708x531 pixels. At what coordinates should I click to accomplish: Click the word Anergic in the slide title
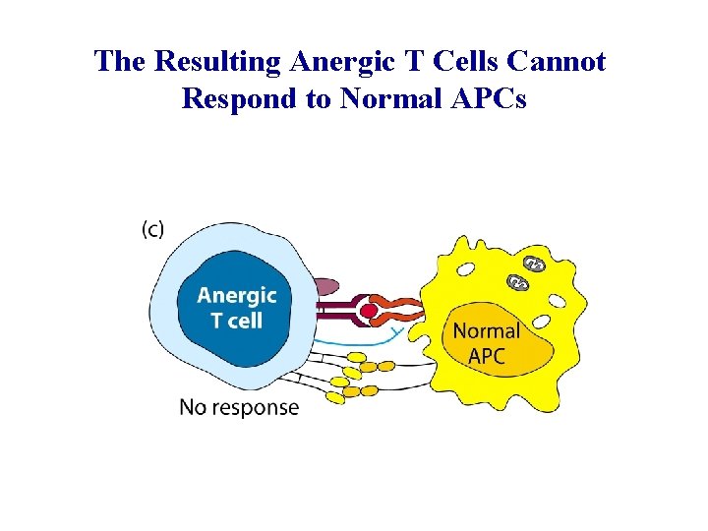pyautogui.click(x=340, y=62)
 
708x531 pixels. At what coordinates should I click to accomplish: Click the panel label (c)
pyautogui.click(x=153, y=229)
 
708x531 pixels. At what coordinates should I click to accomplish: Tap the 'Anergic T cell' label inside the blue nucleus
pyautogui.click(x=237, y=307)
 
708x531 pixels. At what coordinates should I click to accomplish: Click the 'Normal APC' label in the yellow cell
pyautogui.click(x=486, y=343)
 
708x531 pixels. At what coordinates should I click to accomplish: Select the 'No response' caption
pyautogui.click(x=239, y=406)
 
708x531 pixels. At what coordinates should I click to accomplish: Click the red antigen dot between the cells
pyautogui.click(x=369, y=311)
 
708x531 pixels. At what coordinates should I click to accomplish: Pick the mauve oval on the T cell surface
pyautogui.click(x=325, y=287)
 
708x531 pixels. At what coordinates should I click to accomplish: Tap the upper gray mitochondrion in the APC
pyautogui.click(x=534, y=264)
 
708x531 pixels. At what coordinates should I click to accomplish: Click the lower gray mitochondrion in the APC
pyautogui.click(x=518, y=283)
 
